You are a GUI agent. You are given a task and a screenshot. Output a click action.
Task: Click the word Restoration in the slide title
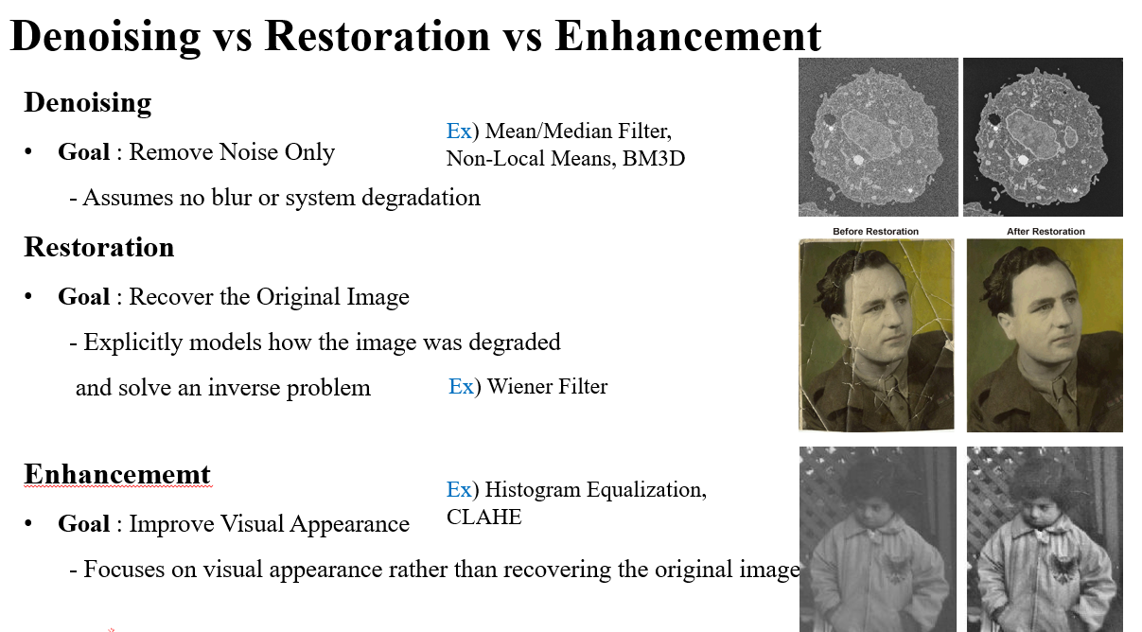[378, 36]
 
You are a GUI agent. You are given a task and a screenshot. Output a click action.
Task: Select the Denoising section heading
[88, 103]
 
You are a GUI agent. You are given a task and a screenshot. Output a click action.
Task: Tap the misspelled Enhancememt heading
[117, 474]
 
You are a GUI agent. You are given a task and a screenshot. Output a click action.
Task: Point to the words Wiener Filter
[548, 386]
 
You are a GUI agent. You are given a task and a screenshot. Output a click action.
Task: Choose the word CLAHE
[484, 517]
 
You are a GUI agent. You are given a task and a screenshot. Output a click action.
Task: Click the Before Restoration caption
[875, 232]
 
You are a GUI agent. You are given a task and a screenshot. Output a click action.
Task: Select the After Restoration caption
[1045, 232]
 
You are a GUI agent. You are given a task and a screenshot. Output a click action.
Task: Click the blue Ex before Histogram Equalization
[459, 489]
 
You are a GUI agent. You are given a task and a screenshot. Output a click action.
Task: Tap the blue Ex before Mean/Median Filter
[459, 131]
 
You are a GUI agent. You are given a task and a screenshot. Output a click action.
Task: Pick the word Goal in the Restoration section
[83, 297]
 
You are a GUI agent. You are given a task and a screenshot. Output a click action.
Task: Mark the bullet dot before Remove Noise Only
[28, 152]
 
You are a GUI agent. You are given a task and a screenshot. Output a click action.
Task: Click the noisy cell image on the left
[878, 137]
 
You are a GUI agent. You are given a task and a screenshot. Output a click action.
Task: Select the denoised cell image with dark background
[1043, 137]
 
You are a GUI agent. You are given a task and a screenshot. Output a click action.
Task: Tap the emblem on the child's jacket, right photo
[1063, 568]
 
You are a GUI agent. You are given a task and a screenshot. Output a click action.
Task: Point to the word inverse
[243, 387]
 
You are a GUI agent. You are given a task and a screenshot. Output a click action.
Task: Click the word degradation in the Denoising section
[421, 199]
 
